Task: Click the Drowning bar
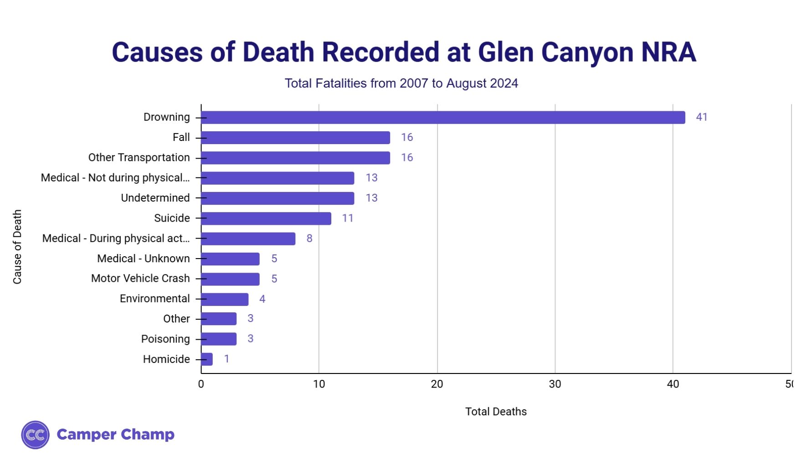(x=443, y=117)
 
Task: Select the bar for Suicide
(x=266, y=218)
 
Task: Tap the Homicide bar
(x=207, y=359)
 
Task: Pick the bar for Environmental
(x=225, y=299)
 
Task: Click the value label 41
(x=701, y=117)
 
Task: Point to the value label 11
(x=348, y=218)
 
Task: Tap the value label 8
(x=309, y=238)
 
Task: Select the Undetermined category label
(x=155, y=198)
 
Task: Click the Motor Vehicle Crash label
(x=140, y=279)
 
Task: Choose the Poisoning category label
(x=165, y=339)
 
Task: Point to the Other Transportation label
(x=139, y=158)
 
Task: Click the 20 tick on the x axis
(x=437, y=384)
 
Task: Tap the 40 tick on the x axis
(x=673, y=384)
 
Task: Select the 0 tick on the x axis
(x=201, y=384)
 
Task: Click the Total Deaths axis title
(x=496, y=412)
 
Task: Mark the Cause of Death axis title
(x=17, y=247)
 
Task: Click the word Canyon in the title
(x=587, y=52)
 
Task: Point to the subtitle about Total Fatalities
(x=401, y=83)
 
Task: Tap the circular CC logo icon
(x=35, y=435)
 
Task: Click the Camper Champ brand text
(x=115, y=435)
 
